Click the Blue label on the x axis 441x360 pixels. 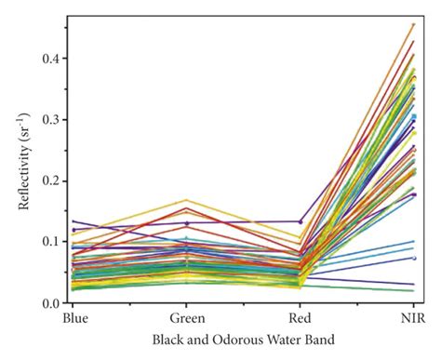click(75, 319)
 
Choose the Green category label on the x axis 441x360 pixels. click(187, 319)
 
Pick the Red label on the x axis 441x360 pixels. click(300, 319)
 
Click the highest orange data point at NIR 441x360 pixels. click(413, 25)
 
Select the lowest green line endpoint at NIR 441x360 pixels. click(413, 291)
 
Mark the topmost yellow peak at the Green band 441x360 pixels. click(187, 200)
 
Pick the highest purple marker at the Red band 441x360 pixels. click(300, 221)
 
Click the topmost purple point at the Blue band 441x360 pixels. click(75, 221)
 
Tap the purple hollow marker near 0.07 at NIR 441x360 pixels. click(413, 259)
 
